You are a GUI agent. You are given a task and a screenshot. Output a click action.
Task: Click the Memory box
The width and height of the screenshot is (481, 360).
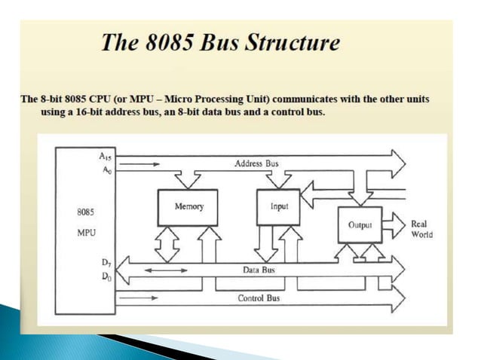tap(186, 205)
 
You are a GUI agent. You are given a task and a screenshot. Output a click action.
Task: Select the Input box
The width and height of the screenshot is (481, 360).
tap(279, 205)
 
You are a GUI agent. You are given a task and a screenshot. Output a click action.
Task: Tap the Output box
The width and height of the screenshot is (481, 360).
tap(360, 224)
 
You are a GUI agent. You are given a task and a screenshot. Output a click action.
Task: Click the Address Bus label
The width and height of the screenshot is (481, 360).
tap(256, 163)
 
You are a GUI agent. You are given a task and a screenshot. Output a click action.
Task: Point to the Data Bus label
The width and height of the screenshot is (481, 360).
tap(258, 269)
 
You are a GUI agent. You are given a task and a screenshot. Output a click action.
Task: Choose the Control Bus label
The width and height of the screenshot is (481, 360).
tap(259, 298)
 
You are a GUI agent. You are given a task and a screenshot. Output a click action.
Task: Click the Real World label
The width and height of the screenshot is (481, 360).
tap(421, 229)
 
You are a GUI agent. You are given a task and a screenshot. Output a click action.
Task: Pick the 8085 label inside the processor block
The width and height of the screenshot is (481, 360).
tap(86, 212)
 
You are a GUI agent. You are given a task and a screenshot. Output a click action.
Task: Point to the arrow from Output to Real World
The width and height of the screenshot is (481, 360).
tap(395, 224)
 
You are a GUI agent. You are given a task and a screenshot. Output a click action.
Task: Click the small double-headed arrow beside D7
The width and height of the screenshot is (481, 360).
tap(155, 268)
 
